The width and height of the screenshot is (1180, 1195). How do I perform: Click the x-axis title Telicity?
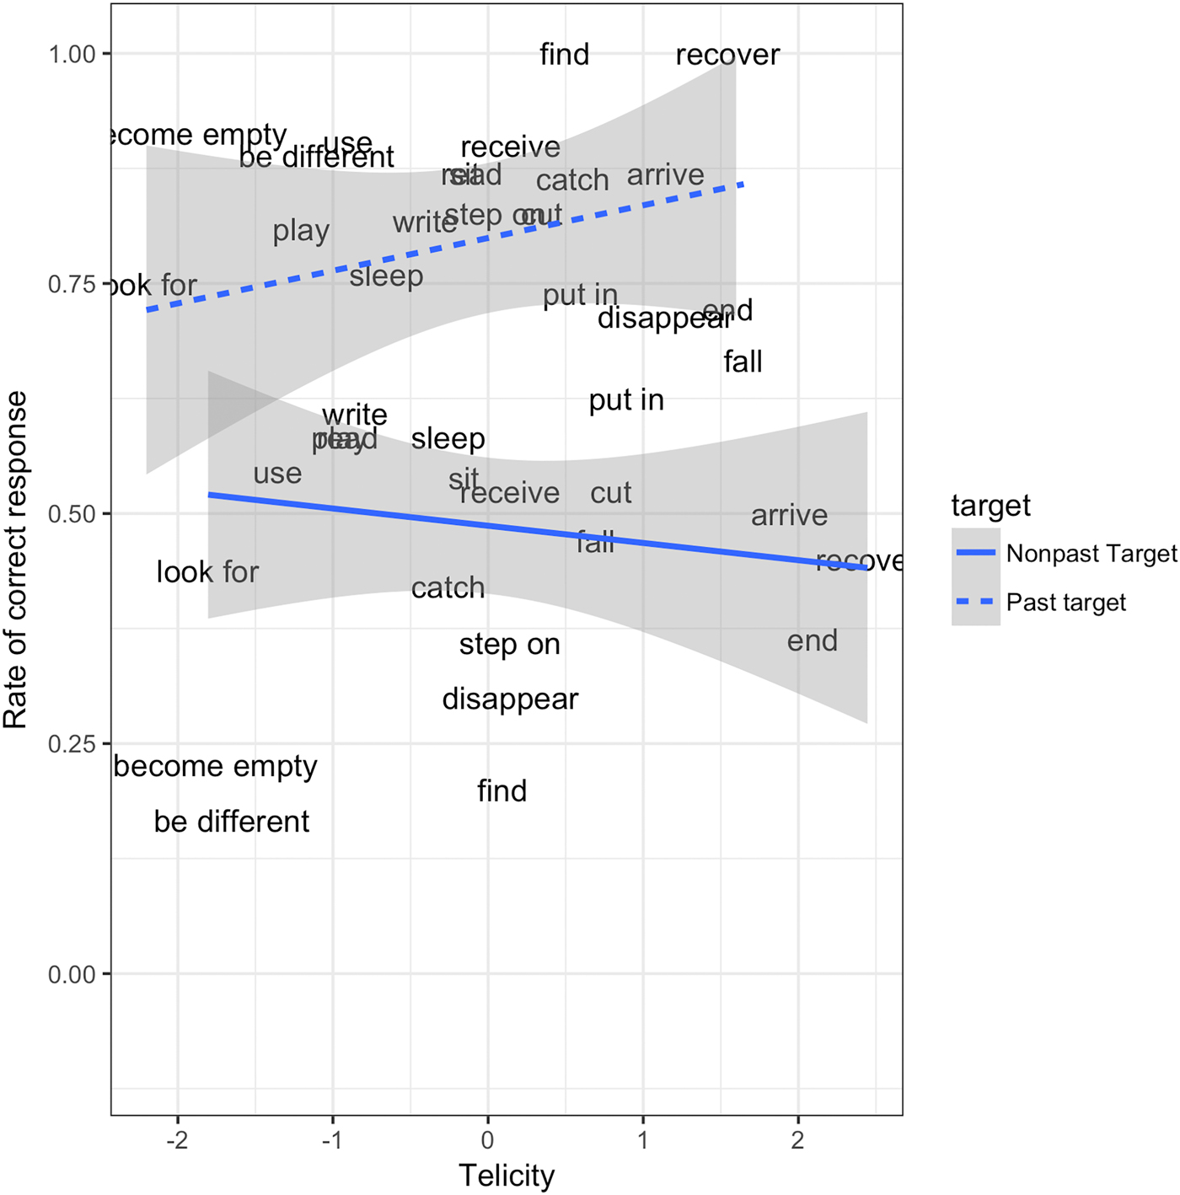(x=507, y=1175)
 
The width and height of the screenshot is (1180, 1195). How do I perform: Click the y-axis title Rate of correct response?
(x=16, y=560)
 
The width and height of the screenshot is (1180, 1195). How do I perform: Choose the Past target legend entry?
(x=1065, y=603)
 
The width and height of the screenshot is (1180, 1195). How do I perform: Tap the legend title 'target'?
(x=990, y=506)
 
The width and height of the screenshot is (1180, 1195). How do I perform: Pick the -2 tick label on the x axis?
(x=177, y=1141)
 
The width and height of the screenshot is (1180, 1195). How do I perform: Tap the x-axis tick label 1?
(x=643, y=1141)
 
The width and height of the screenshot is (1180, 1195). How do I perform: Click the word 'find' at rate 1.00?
(x=564, y=55)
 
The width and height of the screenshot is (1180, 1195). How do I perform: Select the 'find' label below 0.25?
(x=501, y=790)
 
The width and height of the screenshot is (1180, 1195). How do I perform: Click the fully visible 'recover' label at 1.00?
(x=727, y=55)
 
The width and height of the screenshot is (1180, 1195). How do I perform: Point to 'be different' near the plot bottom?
(x=232, y=822)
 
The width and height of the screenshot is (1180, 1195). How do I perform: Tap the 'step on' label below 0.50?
(x=509, y=645)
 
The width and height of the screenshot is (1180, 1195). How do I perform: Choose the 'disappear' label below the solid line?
(x=510, y=699)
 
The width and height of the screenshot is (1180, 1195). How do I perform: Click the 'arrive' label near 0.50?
(x=789, y=515)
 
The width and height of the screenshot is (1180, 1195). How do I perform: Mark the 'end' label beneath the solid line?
(x=813, y=641)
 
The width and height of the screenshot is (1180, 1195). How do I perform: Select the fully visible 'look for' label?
(x=207, y=572)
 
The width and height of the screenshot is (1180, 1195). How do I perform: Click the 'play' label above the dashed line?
(x=301, y=231)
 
